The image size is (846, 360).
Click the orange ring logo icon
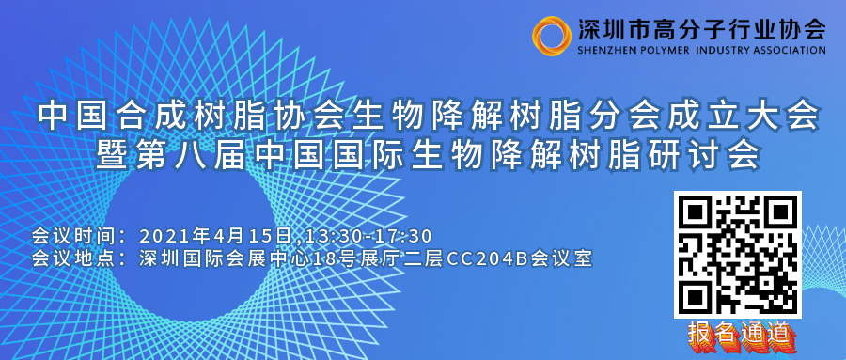tap(551, 35)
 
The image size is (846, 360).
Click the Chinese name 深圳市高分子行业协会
tap(699, 28)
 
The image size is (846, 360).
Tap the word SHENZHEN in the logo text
tap(607, 50)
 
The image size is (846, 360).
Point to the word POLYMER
tap(674, 50)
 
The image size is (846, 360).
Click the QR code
tap(738, 254)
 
